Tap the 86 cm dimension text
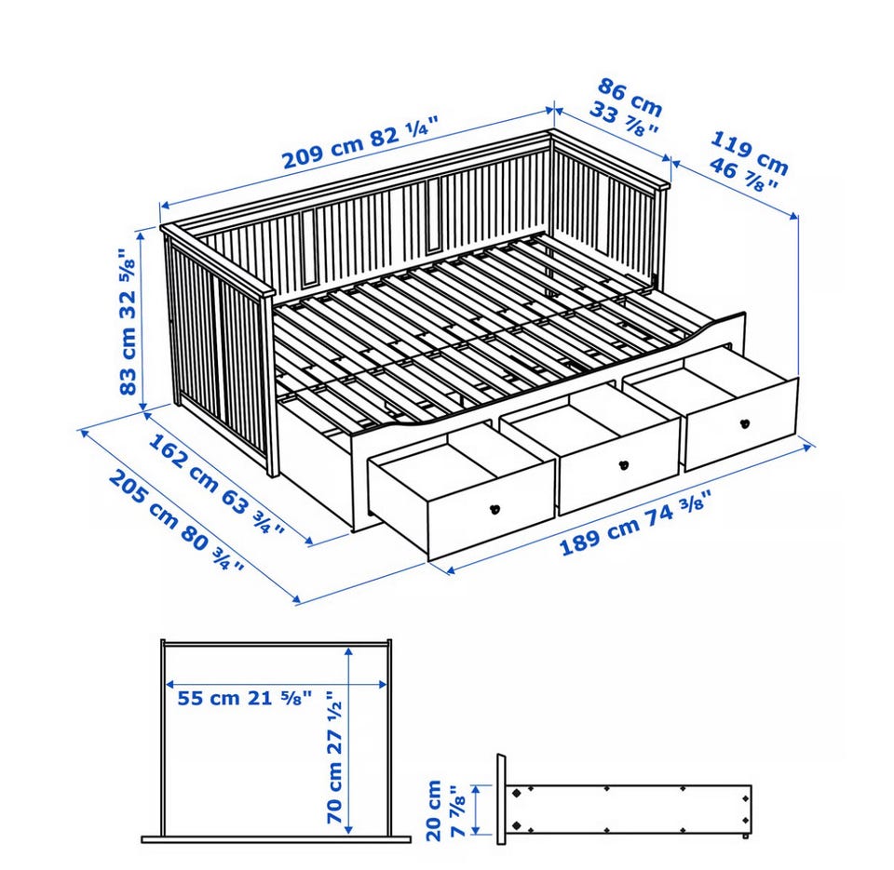(630, 98)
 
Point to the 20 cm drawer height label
(435, 810)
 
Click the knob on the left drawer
(494, 509)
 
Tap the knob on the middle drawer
(624, 465)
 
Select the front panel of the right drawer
(740, 424)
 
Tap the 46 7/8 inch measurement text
(743, 175)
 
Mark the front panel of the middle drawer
(620, 467)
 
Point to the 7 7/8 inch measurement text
(458, 810)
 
